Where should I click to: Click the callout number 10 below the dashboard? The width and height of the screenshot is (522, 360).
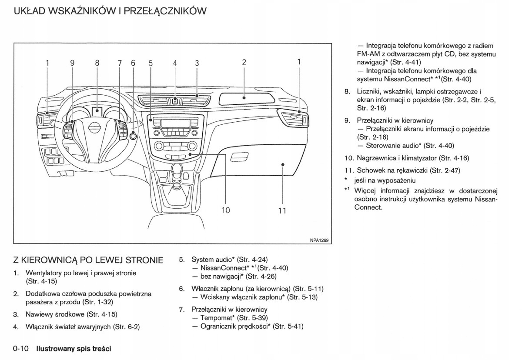tap(225, 210)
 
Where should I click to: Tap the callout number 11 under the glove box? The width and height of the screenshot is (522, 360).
tap(282, 211)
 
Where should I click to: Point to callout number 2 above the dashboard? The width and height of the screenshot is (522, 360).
tap(244, 63)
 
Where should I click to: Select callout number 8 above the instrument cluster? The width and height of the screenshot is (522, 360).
tap(97, 63)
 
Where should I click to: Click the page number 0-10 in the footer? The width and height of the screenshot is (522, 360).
tap(21, 348)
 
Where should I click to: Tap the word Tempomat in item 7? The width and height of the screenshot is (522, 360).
tap(216, 318)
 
